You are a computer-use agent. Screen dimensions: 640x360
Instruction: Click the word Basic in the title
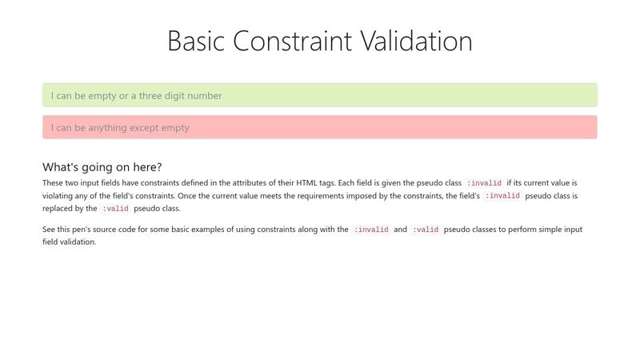(196, 41)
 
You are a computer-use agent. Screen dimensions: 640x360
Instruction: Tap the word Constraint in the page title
(292, 41)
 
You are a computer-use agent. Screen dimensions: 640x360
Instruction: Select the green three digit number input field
(320, 95)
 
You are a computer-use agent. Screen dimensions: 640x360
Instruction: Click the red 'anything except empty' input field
(320, 127)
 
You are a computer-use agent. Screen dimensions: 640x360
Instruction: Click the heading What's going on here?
(102, 167)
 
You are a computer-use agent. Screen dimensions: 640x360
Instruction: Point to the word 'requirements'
(321, 196)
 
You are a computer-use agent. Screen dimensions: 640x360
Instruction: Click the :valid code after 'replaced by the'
(115, 209)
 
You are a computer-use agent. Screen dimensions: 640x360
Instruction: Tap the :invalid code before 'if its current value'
(484, 183)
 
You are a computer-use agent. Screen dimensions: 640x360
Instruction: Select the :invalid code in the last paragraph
(371, 230)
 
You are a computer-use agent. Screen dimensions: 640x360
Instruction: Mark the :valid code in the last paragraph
(426, 230)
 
